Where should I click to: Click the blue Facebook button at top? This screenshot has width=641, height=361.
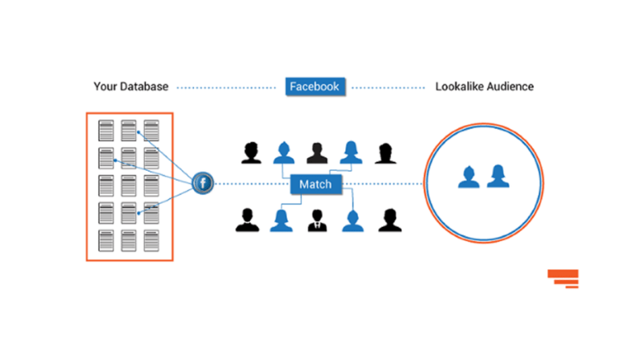[316, 86]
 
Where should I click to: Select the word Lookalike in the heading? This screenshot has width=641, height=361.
[460, 86]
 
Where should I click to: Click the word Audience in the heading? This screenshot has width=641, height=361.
[510, 86]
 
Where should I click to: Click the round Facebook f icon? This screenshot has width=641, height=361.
[203, 184]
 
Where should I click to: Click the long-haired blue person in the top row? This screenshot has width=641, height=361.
[350, 152]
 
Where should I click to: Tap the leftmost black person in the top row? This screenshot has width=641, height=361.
[252, 152]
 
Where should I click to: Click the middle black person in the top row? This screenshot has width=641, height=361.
[316, 152]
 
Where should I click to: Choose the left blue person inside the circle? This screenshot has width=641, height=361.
[470, 177]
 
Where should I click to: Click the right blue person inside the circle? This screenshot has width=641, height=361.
[498, 176]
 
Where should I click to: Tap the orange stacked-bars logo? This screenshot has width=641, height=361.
[563, 278]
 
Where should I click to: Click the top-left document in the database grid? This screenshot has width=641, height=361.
[106, 130]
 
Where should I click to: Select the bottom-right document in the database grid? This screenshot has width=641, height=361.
[151, 240]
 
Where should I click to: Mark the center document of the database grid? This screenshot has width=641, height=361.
[128, 185]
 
